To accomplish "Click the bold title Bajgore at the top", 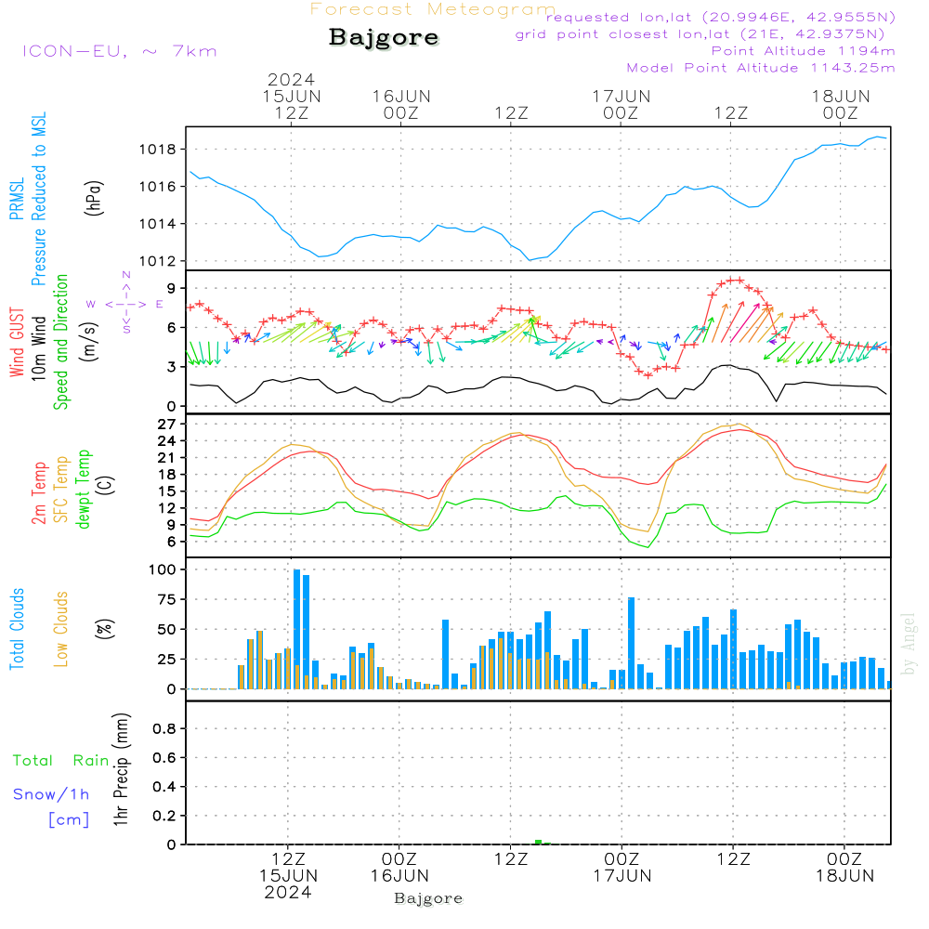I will pyautogui.click(x=384, y=38).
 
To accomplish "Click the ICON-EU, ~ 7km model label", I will pyautogui.click(x=118, y=51).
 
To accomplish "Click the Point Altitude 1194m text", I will pyautogui.click(x=803, y=51).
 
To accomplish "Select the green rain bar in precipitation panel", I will pyautogui.click(x=538, y=842).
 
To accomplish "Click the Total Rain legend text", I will pyautogui.click(x=60, y=761).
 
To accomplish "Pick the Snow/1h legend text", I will pyautogui.click(x=51, y=794).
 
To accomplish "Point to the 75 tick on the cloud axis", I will pyautogui.click(x=165, y=599).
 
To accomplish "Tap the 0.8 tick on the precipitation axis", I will pyautogui.click(x=164, y=729).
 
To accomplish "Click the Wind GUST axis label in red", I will pyautogui.click(x=17, y=345).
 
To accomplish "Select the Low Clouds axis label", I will pyautogui.click(x=61, y=629).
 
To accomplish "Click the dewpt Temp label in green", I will pyautogui.click(x=84, y=490).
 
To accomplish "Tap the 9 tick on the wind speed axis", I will pyautogui.click(x=171, y=288).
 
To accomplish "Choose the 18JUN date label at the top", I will pyautogui.click(x=840, y=96).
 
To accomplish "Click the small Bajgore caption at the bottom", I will pyautogui.click(x=428, y=898).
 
